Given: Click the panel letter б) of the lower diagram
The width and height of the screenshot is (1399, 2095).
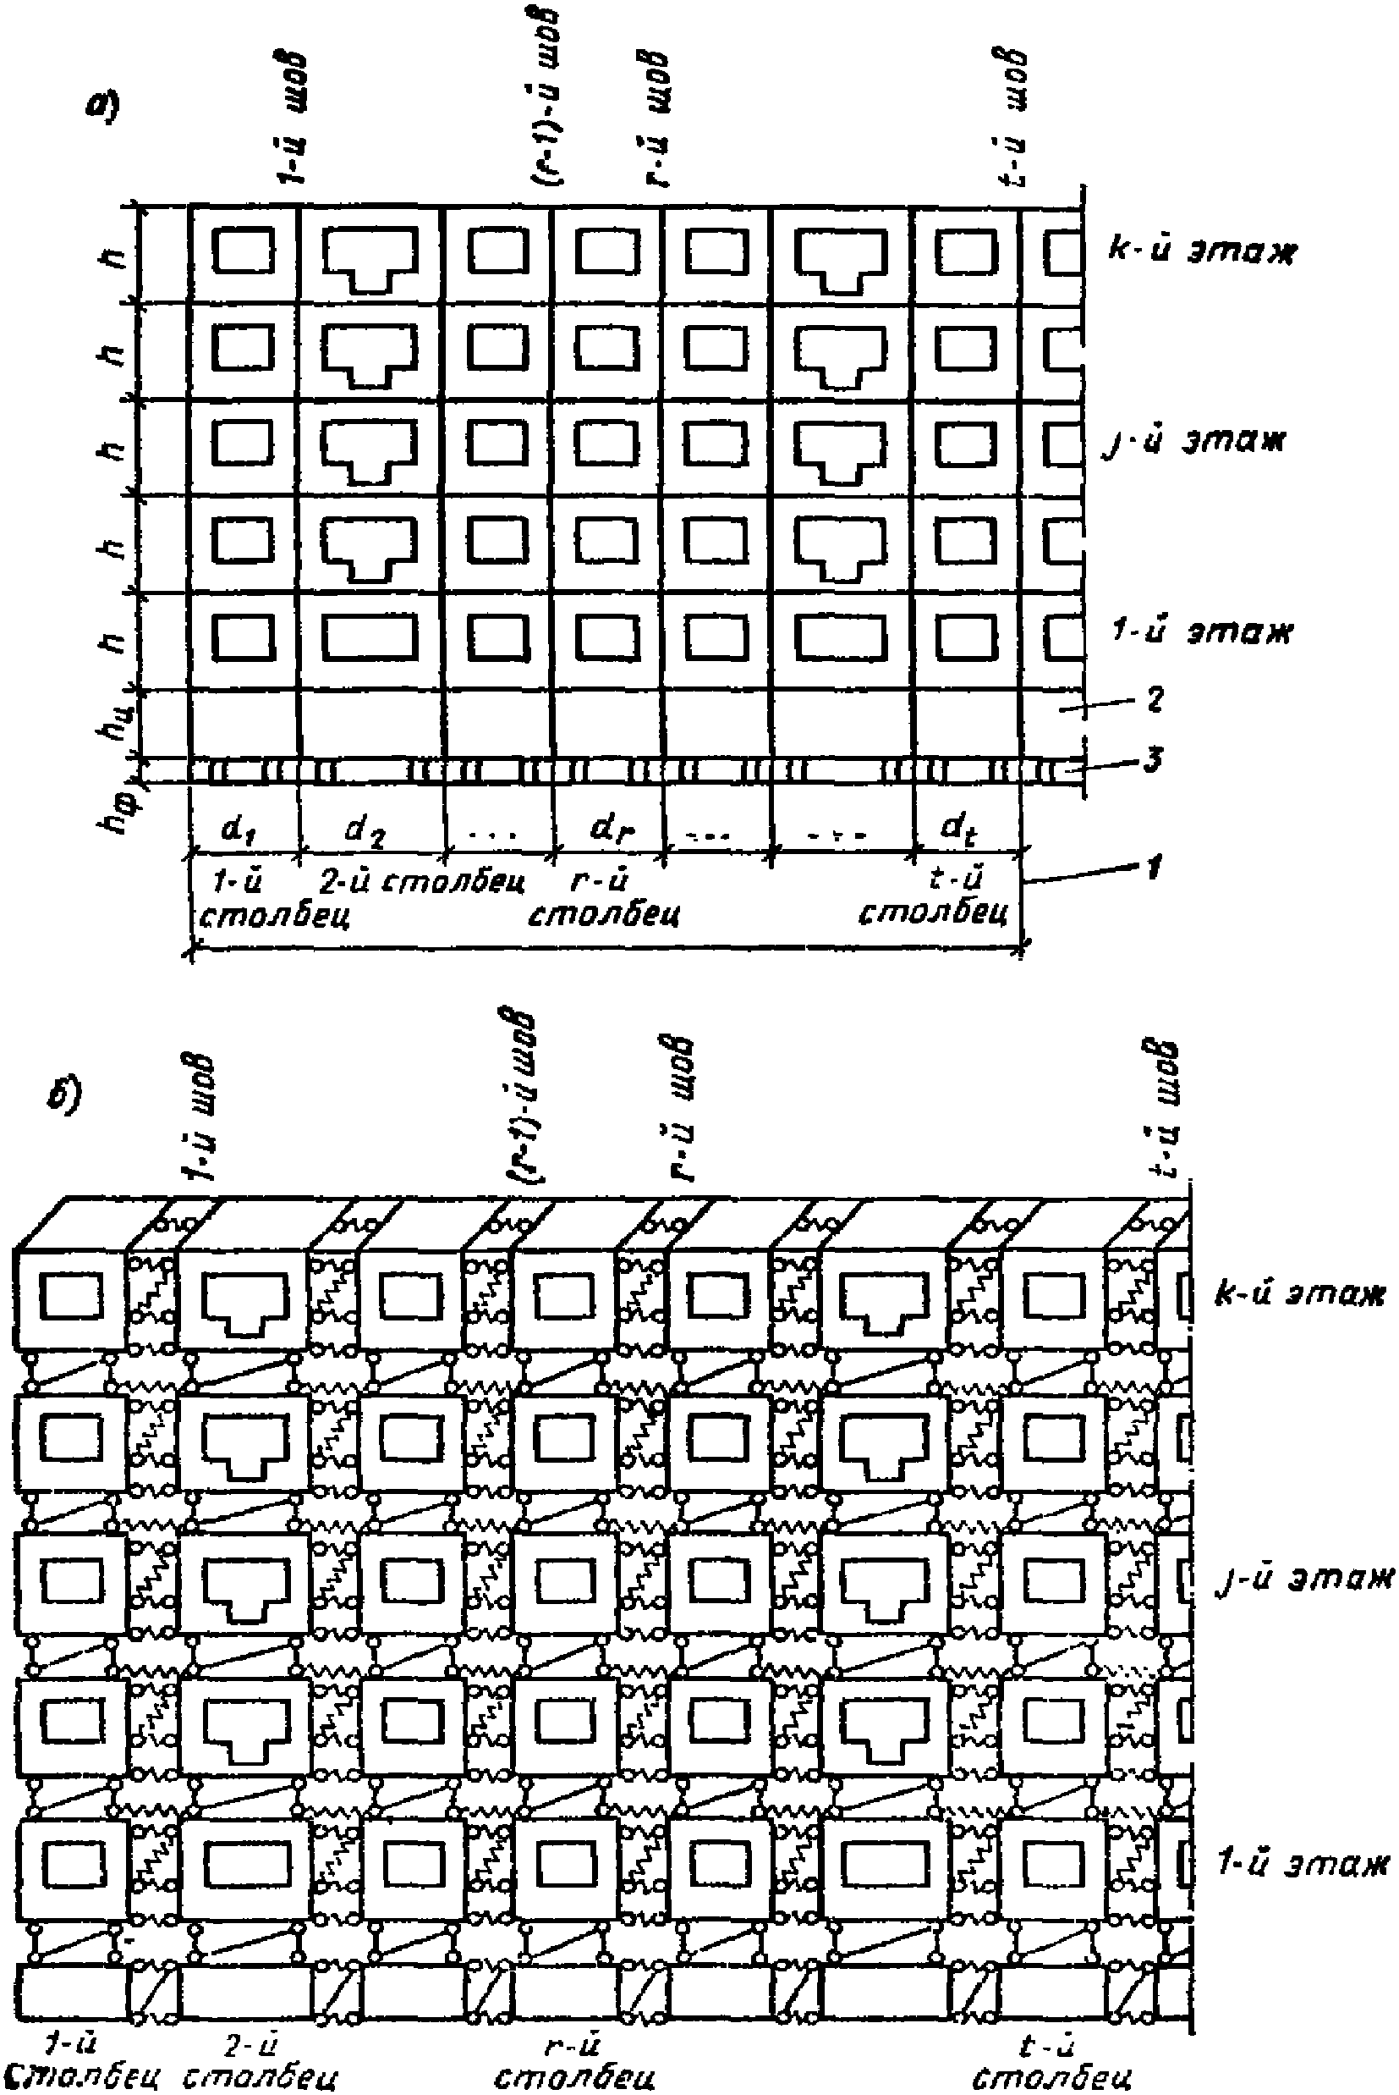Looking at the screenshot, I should [x=64, y=1095].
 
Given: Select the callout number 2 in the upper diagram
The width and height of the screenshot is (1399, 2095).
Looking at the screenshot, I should [x=1155, y=699].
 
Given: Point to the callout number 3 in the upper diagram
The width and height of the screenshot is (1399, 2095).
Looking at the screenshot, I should [x=1155, y=762].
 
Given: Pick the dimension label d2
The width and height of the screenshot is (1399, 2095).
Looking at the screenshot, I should [x=365, y=833].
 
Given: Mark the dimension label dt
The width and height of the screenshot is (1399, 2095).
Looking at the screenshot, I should [x=959, y=833].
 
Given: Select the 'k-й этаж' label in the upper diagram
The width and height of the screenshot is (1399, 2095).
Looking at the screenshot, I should [x=1199, y=251].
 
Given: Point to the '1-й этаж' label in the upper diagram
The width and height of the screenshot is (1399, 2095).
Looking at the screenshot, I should [x=1201, y=631].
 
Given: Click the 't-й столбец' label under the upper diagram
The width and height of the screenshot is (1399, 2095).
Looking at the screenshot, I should [x=935, y=897].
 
